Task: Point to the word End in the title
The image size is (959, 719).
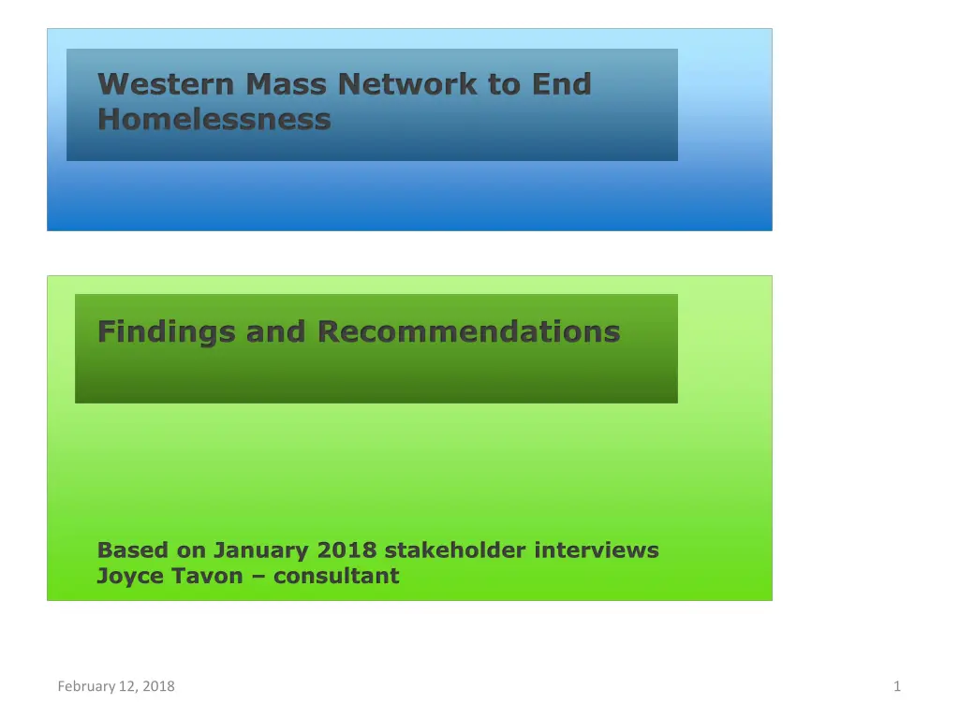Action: (562, 84)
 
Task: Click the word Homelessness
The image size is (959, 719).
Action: (214, 120)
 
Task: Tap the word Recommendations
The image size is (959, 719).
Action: (468, 331)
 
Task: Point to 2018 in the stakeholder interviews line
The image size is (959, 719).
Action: (347, 550)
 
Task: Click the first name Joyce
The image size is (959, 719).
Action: (126, 576)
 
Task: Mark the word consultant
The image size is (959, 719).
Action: (337, 576)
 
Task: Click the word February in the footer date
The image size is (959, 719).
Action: (83, 687)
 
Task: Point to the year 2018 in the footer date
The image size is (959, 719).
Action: (158, 687)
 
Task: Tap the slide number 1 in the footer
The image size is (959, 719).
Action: (897, 687)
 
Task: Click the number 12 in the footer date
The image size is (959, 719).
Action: (125, 687)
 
